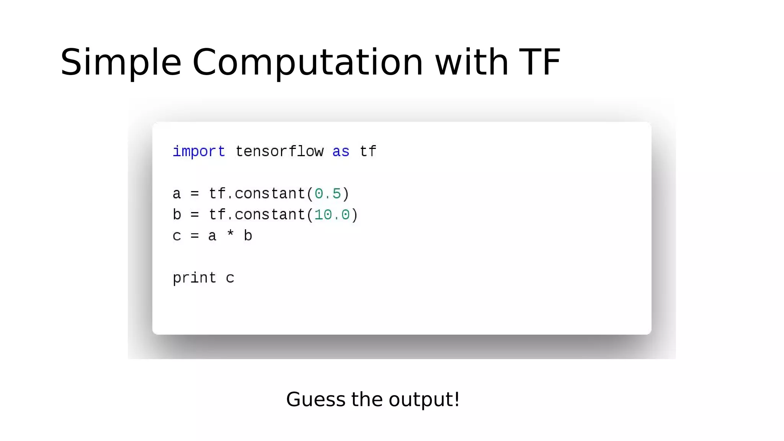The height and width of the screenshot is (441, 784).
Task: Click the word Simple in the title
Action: point(121,62)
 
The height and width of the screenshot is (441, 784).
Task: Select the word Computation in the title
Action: point(307,62)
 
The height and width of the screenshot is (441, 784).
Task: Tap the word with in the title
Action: point(472,62)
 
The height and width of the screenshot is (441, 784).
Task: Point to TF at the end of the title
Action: point(540,62)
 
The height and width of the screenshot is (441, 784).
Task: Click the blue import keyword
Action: point(199,152)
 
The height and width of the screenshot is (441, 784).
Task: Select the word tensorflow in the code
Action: point(279,152)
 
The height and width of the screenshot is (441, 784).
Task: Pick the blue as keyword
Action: point(341,152)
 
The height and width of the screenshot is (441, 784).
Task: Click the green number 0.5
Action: point(328,194)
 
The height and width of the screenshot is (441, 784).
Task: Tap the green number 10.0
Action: point(332,215)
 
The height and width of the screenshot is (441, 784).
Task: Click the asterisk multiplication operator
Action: point(230,234)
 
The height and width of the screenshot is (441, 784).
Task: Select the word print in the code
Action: point(194,278)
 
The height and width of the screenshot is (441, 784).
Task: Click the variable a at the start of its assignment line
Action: point(176,194)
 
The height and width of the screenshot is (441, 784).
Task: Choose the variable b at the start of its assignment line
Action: point(176,215)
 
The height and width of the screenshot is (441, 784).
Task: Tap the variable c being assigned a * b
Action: point(176,236)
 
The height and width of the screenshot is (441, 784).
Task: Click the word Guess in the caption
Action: point(316,399)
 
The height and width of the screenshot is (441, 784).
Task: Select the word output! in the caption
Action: point(424,399)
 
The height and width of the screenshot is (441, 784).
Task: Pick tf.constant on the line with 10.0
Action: point(257,215)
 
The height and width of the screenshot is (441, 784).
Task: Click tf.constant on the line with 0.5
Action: point(257,194)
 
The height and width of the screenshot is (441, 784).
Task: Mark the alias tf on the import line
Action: point(368,152)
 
